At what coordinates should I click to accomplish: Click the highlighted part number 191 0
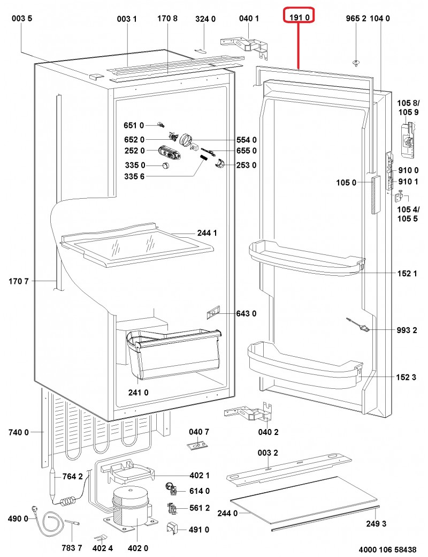click(x=299, y=18)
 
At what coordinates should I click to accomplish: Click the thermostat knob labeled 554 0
click(x=186, y=139)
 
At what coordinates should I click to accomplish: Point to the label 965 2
click(x=356, y=18)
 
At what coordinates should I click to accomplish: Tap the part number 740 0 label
click(x=19, y=432)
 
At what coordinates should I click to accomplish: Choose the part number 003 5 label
click(x=22, y=19)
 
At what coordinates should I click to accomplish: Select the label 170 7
click(x=19, y=281)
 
